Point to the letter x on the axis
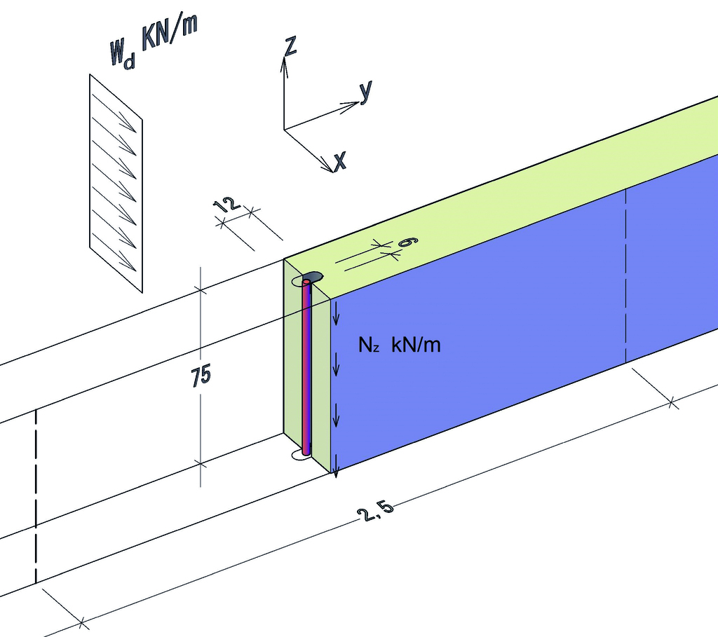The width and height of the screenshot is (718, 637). (x=340, y=162)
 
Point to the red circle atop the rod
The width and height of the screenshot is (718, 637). (x=306, y=282)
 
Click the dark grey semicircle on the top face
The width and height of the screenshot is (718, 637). (x=313, y=275)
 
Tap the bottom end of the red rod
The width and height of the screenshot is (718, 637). (x=306, y=452)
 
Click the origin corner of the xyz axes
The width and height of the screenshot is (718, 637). (x=284, y=129)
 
